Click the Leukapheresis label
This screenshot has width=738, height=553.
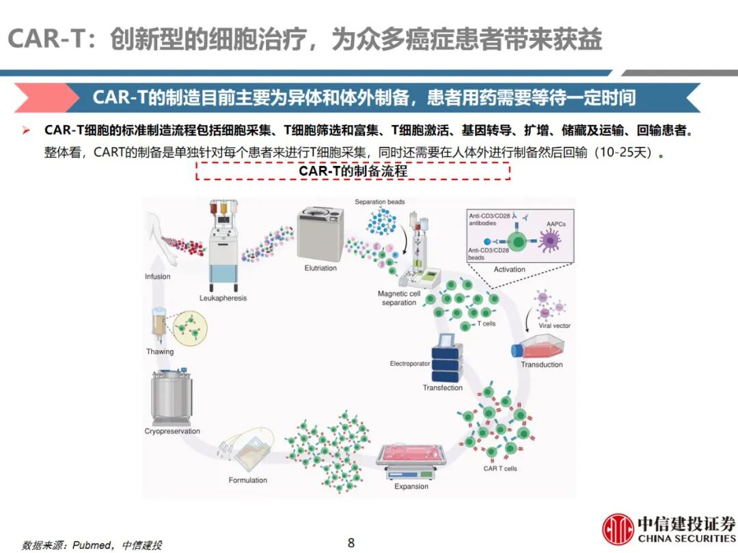pyautogui.click(x=223, y=298)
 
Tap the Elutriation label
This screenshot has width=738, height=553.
pyautogui.click(x=320, y=268)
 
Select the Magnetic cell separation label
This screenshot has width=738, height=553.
pyautogui.click(x=399, y=298)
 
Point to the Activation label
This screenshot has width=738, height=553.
pyautogui.click(x=509, y=270)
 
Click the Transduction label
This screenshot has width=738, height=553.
pyautogui.click(x=542, y=365)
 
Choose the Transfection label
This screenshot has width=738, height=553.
pyautogui.click(x=442, y=388)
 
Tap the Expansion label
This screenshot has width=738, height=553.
pyautogui.click(x=411, y=487)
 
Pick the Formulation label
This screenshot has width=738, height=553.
pyautogui.click(x=247, y=480)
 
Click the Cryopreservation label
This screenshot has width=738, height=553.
pyautogui.click(x=172, y=431)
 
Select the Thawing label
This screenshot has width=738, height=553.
pyautogui.click(x=160, y=352)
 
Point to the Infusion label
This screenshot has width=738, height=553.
pyautogui.click(x=158, y=276)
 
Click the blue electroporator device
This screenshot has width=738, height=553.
pyautogui.click(x=447, y=360)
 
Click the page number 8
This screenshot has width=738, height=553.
pyautogui.click(x=351, y=543)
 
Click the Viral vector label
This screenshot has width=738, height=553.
pyautogui.click(x=555, y=326)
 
